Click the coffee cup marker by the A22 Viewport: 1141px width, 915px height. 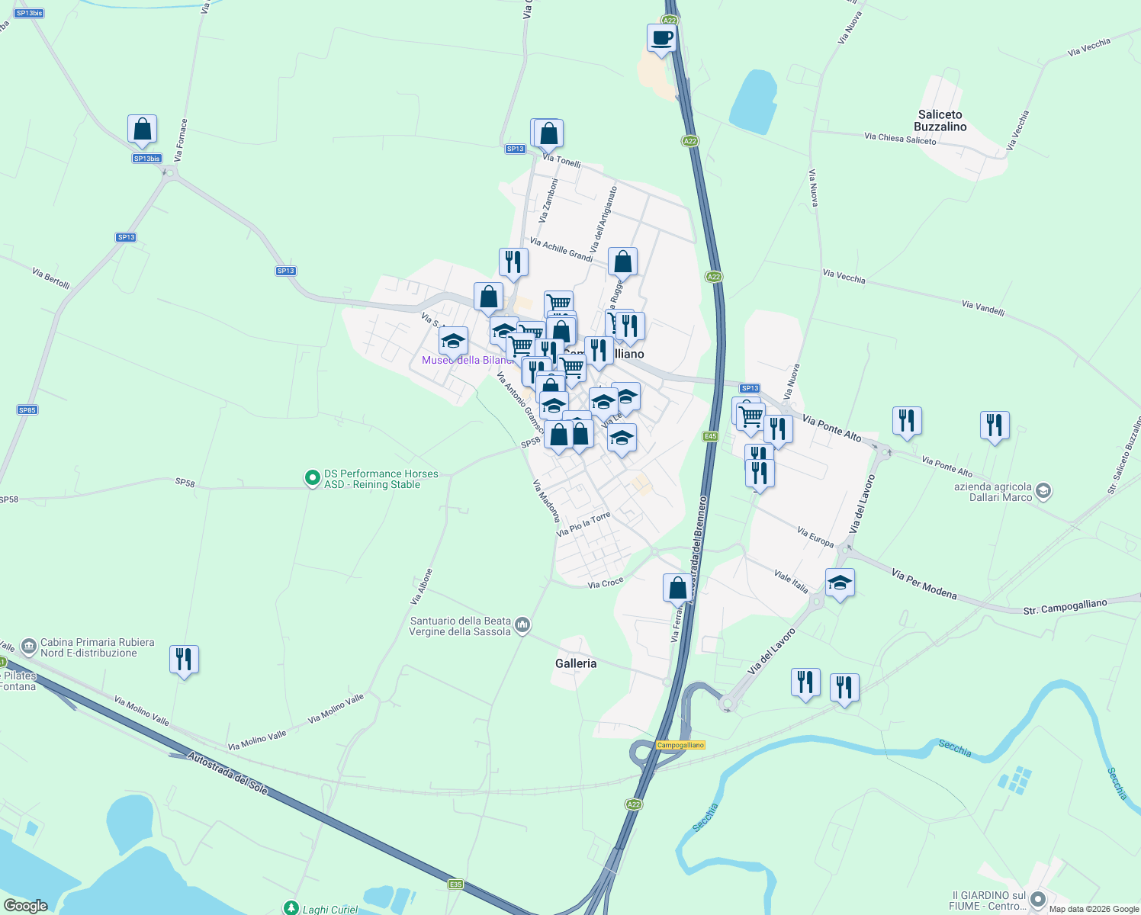pyautogui.click(x=661, y=38)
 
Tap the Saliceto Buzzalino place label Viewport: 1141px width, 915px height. pyautogui.click(x=940, y=120)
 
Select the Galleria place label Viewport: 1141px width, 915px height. pyautogui.click(x=576, y=663)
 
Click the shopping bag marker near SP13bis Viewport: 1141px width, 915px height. pyautogui.click(x=143, y=130)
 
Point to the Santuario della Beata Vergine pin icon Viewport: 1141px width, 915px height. pyautogui.click(x=522, y=626)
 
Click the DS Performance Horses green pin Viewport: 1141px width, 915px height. pyautogui.click(x=312, y=478)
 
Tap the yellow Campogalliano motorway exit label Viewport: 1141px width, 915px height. pyautogui.click(x=680, y=745)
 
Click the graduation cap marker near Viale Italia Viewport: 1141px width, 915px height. pyautogui.click(x=840, y=584)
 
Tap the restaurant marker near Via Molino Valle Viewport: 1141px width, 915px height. pyautogui.click(x=184, y=660)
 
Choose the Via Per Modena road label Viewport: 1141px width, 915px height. pyautogui.click(x=924, y=585)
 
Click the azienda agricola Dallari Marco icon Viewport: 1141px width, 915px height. pyautogui.click(x=1044, y=492)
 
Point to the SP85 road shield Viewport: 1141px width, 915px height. pyautogui.click(x=27, y=410)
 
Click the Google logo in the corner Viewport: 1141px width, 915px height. pyautogui.click(x=26, y=906)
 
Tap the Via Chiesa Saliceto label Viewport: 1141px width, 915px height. pyautogui.click(x=900, y=139)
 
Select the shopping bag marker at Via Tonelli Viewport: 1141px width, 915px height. pyautogui.click(x=548, y=134)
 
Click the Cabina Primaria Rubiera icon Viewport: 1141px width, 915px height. pyautogui.click(x=29, y=647)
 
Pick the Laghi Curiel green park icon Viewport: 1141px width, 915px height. pyautogui.click(x=291, y=908)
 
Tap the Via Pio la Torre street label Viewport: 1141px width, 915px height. pyautogui.click(x=583, y=525)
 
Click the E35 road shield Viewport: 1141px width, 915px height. pyautogui.click(x=455, y=884)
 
